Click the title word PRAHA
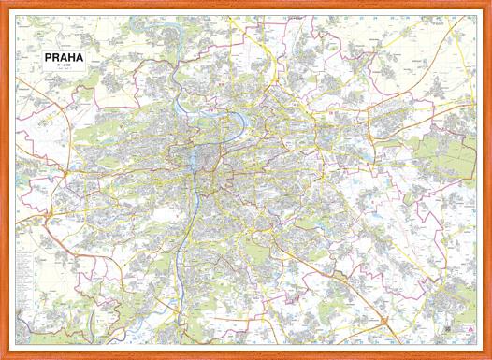pos(64,58)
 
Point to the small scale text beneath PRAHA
pos(64,68)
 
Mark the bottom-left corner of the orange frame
pos(4,355)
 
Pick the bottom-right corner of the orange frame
pos(487,355)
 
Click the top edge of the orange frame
pos(246,5)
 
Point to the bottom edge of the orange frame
pos(246,355)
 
